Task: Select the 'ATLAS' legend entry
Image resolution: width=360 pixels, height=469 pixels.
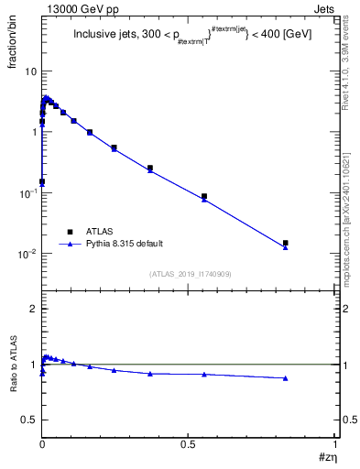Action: pyautogui.click(x=102, y=232)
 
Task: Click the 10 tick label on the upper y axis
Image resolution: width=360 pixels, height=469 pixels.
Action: pyautogui.click(x=30, y=71)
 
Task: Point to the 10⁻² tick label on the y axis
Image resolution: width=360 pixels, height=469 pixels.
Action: pyautogui.click(x=27, y=254)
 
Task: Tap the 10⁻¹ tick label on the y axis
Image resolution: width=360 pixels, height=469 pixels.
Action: pyautogui.click(x=27, y=193)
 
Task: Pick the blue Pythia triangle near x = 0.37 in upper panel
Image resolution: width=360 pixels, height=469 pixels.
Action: pyautogui.click(x=150, y=171)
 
